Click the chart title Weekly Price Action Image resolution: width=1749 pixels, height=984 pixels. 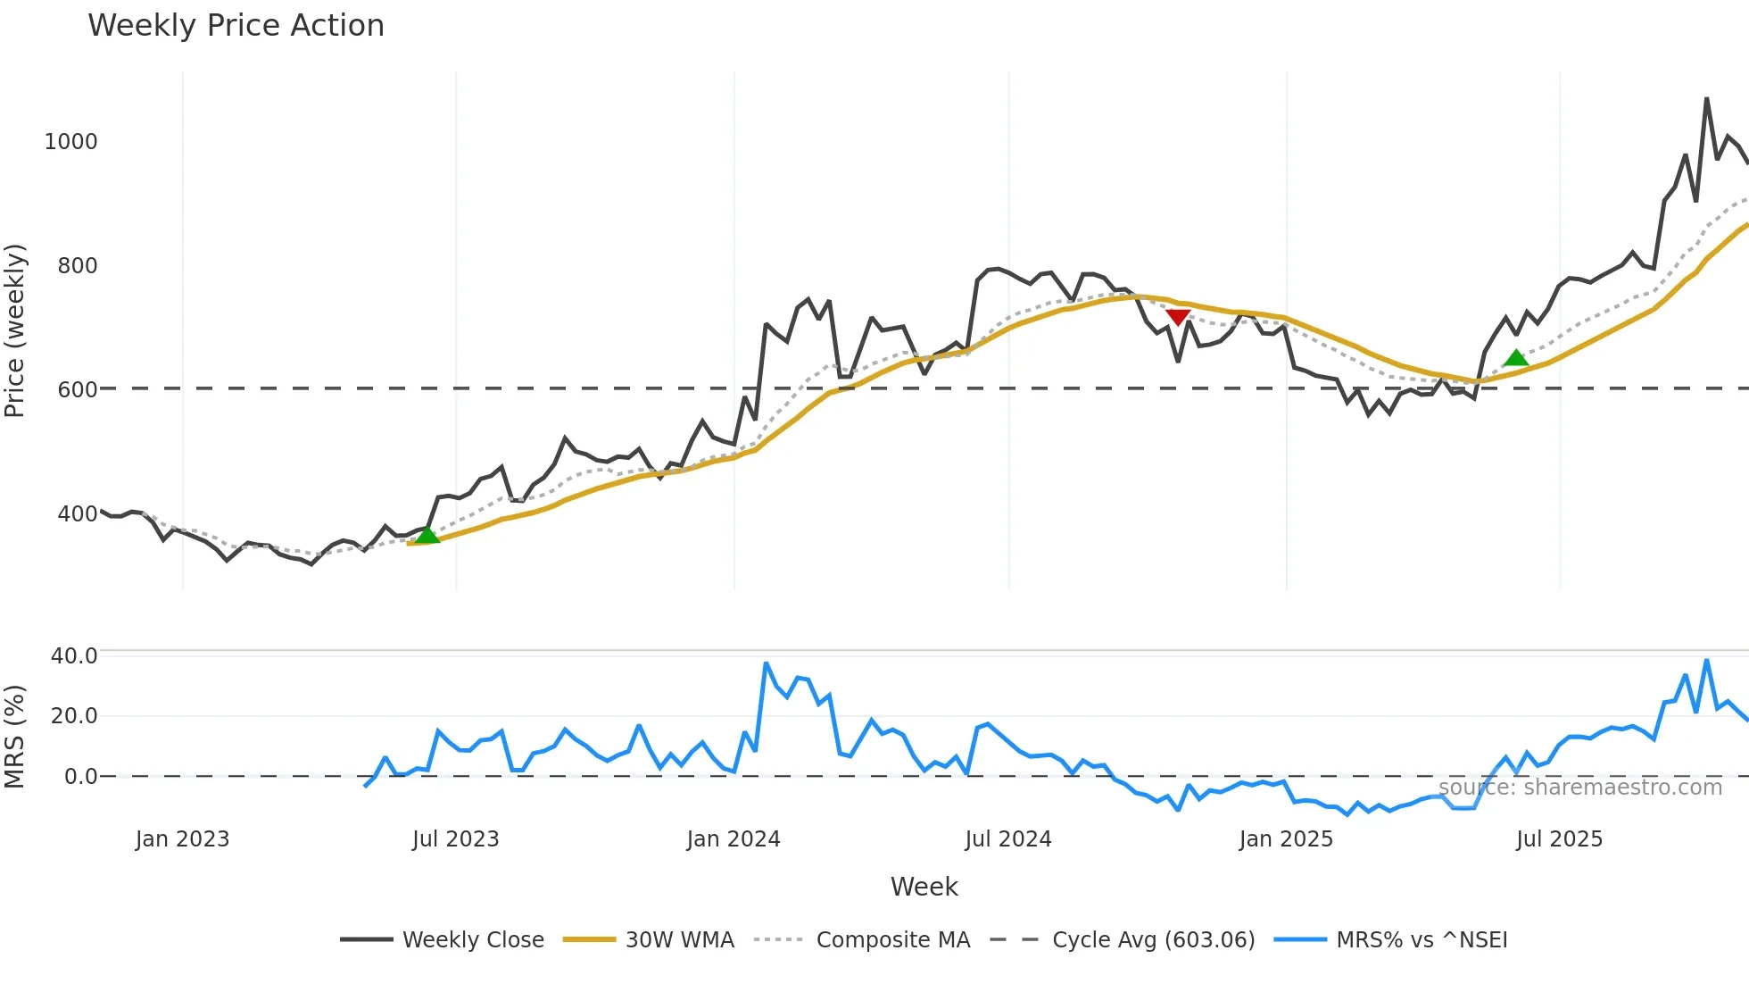point(236,26)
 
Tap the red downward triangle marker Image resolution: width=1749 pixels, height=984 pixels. point(1178,317)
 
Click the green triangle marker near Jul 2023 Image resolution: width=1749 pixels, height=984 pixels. point(427,535)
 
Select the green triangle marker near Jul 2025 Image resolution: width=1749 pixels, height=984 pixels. point(1516,358)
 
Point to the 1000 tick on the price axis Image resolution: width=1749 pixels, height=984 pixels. point(71,142)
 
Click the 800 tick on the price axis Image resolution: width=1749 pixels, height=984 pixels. point(78,266)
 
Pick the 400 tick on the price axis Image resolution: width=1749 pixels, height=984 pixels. point(78,514)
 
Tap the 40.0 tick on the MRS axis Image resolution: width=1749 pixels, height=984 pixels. point(74,656)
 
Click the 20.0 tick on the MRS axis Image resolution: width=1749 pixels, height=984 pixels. point(74,716)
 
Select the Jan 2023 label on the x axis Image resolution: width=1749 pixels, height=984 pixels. point(182,839)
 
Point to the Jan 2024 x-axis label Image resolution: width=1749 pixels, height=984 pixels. point(734,839)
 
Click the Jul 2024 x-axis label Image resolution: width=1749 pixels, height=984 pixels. point(1008,839)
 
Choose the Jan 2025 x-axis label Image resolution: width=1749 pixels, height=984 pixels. point(1286,839)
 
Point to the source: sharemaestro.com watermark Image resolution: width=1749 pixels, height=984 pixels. point(1580,788)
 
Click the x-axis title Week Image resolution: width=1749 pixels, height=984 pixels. point(924,887)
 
